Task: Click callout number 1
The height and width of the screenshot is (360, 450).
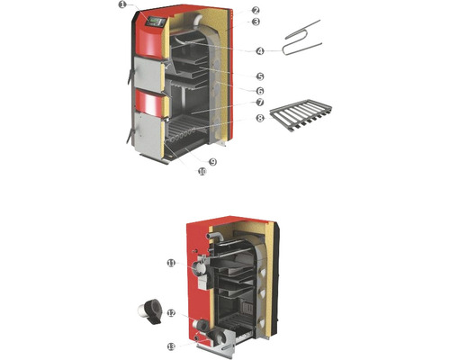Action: pos(122,5)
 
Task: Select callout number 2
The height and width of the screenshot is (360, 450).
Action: pos(256,11)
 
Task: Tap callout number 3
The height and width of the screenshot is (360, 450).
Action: pos(256,22)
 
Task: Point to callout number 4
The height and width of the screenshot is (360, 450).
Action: pos(260,51)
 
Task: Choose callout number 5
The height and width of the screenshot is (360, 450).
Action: pos(260,76)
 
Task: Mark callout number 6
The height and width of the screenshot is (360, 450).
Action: pos(260,91)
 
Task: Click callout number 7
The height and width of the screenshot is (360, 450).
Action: pos(260,103)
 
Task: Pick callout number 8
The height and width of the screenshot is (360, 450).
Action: pos(260,119)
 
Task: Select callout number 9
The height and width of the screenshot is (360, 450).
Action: pos(212,162)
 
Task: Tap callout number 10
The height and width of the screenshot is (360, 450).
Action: pos(202,172)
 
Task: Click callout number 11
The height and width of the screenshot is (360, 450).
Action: pos(171,264)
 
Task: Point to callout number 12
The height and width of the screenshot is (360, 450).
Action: pos(171,313)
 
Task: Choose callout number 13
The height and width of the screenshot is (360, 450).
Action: pos(171,346)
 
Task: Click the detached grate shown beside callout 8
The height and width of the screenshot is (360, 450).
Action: pos(301,115)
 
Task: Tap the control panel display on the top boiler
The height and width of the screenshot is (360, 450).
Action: pos(156,22)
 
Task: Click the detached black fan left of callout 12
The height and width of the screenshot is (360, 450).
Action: pos(150,312)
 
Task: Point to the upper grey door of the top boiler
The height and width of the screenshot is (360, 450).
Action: pos(147,73)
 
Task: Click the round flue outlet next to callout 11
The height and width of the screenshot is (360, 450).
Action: pos(199,267)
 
